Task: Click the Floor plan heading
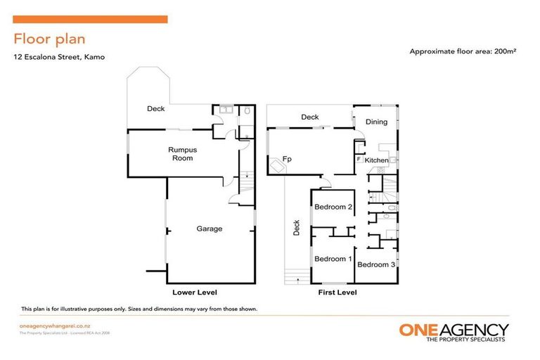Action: pyautogui.click(x=49, y=39)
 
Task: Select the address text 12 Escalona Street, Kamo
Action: pyautogui.click(x=58, y=57)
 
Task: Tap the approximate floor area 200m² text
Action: pyautogui.click(x=463, y=51)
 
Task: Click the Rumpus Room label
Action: pyautogui.click(x=180, y=153)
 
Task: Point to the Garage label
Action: pyautogui.click(x=210, y=229)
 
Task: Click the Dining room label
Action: pyautogui.click(x=376, y=122)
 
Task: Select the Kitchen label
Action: pyautogui.click(x=377, y=161)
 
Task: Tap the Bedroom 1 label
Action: pyautogui.click(x=333, y=259)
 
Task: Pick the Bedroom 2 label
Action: pyautogui.click(x=333, y=207)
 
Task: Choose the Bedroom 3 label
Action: pyautogui.click(x=376, y=264)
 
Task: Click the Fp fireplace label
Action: pyautogui.click(x=287, y=160)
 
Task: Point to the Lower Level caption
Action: pyautogui.click(x=195, y=292)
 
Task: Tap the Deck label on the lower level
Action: pyautogui.click(x=155, y=109)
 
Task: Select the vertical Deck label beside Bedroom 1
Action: pyautogui.click(x=296, y=229)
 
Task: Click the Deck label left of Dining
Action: pyautogui.click(x=309, y=117)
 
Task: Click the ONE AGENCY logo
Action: pyautogui.click(x=454, y=332)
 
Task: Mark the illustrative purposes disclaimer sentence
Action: pyautogui.click(x=139, y=309)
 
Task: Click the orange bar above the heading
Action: pyautogui.click(x=90, y=19)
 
